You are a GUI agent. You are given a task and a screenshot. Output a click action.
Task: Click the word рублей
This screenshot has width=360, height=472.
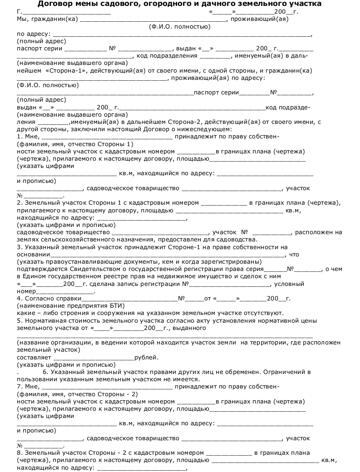[x=147, y=357]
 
